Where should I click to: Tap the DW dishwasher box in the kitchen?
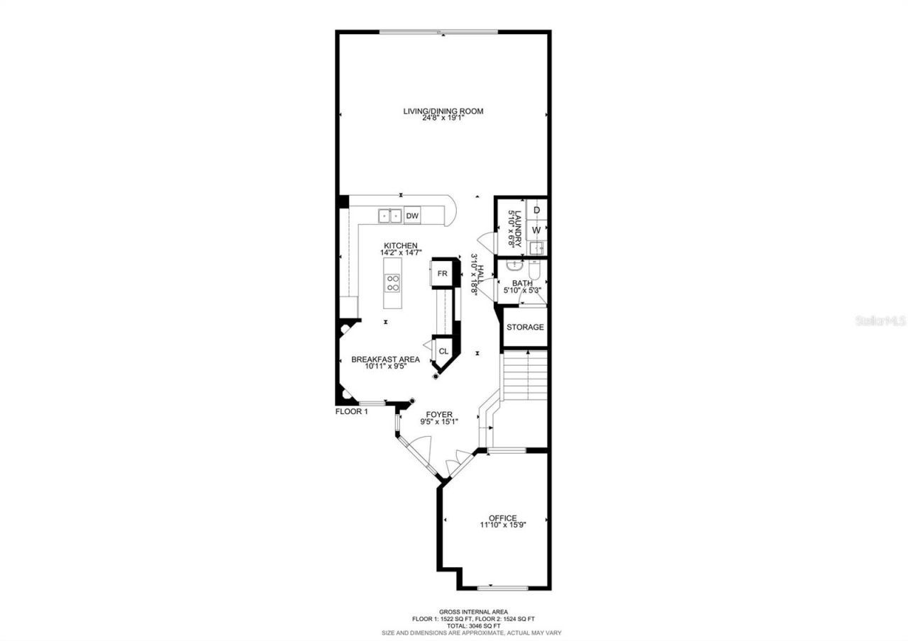pos(412,216)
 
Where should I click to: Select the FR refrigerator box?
pos(442,274)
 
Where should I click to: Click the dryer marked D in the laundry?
pos(537,211)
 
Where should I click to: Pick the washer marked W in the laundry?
pos(537,230)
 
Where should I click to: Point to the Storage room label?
pos(525,327)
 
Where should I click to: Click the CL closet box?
pos(443,351)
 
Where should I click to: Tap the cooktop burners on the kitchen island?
pos(392,283)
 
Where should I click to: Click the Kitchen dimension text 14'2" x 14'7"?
pos(401,253)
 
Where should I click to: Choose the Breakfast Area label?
pos(385,359)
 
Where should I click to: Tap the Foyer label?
pos(439,415)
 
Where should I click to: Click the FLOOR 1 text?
pos(351,411)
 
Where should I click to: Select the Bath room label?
pos(522,284)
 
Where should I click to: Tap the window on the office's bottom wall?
pos(502,588)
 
